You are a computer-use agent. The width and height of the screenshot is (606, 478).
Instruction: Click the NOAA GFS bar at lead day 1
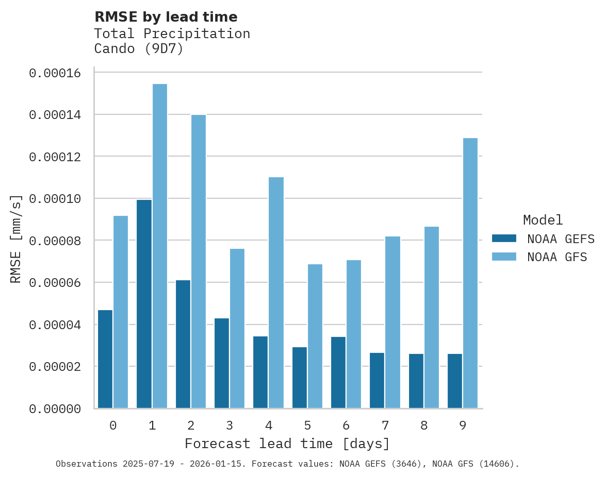[x=160, y=246]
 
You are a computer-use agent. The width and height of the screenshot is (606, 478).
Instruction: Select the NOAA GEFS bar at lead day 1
[x=144, y=304]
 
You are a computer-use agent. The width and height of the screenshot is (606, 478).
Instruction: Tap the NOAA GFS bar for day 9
[x=470, y=273]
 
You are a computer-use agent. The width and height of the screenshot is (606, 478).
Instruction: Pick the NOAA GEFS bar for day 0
[x=105, y=359]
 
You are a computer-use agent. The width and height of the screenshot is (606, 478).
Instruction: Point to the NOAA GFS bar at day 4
[x=276, y=293]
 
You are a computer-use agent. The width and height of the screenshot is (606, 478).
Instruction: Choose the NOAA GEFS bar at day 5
[x=300, y=378]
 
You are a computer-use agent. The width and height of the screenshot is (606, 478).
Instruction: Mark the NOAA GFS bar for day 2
[x=199, y=261]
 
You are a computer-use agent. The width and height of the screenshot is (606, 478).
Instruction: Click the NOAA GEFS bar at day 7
[x=377, y=381]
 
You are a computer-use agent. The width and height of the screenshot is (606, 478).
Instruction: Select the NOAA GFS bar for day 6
[x=354, y=334]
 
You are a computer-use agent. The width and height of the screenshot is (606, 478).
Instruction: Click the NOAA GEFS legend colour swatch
[x=504, y=238]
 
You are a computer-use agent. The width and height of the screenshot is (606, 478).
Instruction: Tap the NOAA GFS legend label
[x=557, y=257]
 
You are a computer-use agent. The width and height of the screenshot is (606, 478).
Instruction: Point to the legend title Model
[x=543, y=220]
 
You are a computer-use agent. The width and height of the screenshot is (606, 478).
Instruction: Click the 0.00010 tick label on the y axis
[x=55, y=199]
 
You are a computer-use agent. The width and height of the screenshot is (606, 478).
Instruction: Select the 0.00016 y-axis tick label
[x=55, y=73]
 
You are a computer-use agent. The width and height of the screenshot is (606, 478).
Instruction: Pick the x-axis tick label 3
[x=230, y=425]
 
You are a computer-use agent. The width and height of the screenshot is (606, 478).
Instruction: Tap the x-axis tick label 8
[x=424, y=425]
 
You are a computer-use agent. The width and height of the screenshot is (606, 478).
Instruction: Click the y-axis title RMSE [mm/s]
[x=16, y=238]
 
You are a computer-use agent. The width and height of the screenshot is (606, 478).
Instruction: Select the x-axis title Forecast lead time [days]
[x=287, y=443]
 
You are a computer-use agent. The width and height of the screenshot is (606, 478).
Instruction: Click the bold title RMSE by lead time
[x=166, y=17]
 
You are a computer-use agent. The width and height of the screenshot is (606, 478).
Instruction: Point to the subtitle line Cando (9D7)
[x=139, y=49]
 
